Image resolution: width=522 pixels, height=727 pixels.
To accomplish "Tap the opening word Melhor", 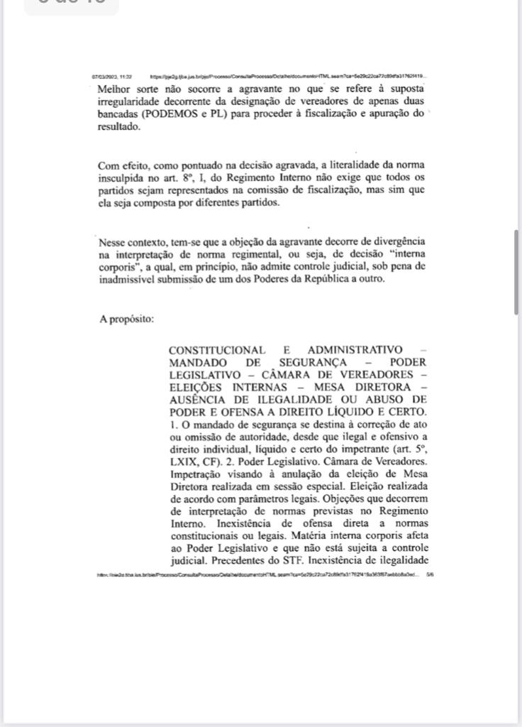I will pyautogui.click(x=114, y=89).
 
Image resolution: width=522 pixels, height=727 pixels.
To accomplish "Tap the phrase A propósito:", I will pyautogui.click(x=126, y=319).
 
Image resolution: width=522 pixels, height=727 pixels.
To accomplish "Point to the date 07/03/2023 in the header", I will pyautogui.click(x=104, y=76).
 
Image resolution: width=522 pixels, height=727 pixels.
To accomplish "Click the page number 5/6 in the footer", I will pyautogui.click(x=430, y=575).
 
